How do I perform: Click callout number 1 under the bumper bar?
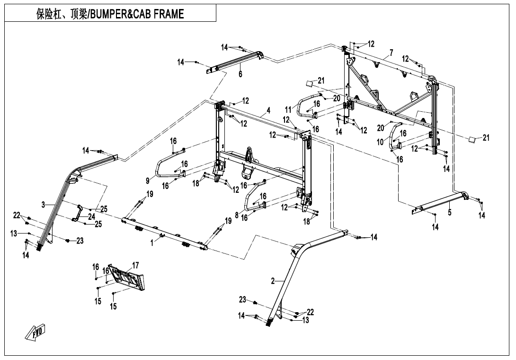[152, 243]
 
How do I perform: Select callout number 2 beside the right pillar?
[273, 281]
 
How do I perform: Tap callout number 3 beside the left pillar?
[43, 205]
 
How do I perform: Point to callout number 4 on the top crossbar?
[268, 110]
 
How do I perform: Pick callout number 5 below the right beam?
[450, 213]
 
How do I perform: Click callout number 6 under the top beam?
[240, 74]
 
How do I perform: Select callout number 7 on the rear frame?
[391, 52]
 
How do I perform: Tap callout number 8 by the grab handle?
[237, 215]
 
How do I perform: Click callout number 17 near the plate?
[135, 265]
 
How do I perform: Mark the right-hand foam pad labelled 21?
[472, 139]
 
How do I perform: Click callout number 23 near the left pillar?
[80, 241]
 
